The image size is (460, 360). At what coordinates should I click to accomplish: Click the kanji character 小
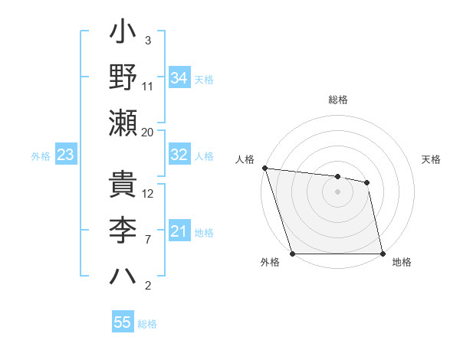[123, 34]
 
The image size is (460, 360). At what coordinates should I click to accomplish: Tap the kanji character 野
[123, 77]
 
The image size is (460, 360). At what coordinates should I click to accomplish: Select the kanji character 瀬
[123, 123]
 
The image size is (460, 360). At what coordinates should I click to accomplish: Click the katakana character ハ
[123, 275]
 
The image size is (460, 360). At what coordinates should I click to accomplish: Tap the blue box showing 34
[179, 78]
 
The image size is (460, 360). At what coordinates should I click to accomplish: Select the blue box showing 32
[179, 155]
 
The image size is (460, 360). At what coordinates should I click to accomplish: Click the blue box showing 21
[179, 231]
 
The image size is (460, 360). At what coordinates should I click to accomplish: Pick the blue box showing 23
[65, 155]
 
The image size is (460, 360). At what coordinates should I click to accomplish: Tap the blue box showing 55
[123, 322]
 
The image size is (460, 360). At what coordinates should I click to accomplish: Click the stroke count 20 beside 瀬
[148, 133]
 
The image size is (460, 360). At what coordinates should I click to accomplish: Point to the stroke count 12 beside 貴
[148, 193]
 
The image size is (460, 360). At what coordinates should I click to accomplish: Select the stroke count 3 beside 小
[147, 41]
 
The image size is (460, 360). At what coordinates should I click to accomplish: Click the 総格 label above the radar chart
[338, 100]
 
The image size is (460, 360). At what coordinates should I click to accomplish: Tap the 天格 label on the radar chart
[432, 159]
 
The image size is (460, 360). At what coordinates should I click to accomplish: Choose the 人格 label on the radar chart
[245, 159]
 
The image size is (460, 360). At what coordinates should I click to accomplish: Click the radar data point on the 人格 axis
[264, 168]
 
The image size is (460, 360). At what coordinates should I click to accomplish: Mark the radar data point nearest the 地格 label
[383, 254]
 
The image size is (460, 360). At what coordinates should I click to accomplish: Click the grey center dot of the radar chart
[338, 191]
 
